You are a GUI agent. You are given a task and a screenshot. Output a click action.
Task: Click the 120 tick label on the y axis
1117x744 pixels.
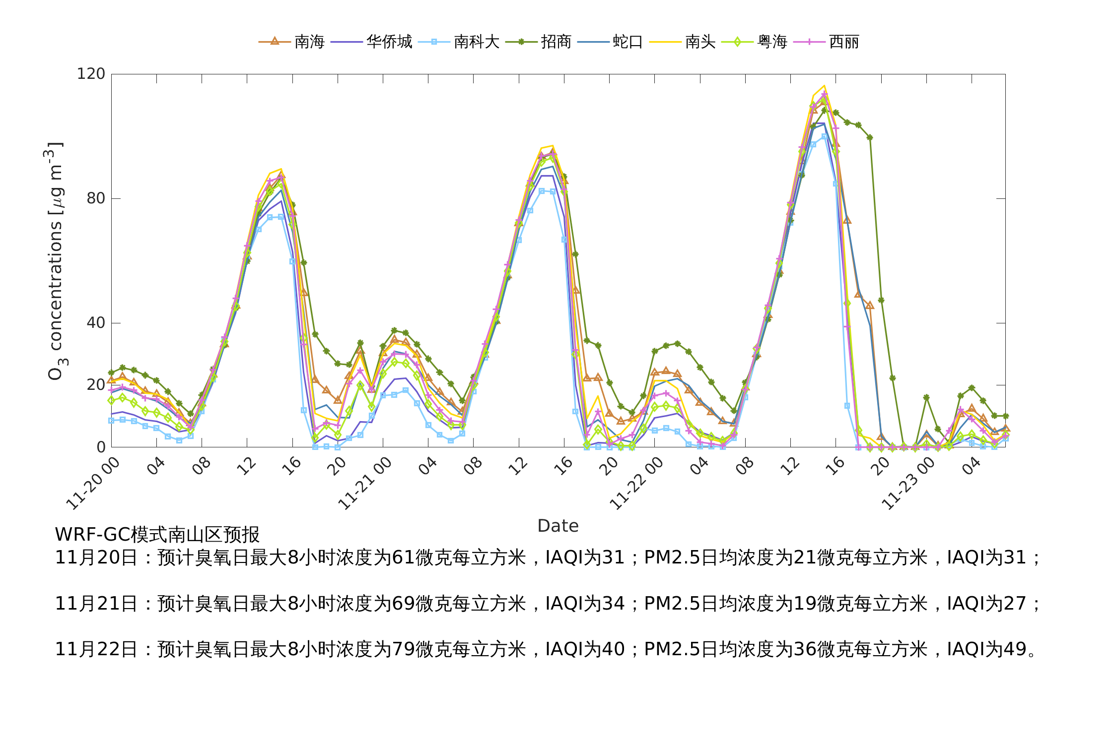pyautogui.click(x=91, y=74)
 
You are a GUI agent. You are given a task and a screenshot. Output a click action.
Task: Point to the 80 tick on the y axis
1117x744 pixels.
pyautogui.click(x=96, y=198)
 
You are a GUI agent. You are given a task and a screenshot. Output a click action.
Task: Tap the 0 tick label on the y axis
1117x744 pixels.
pyautogui.click(x=101, y=447)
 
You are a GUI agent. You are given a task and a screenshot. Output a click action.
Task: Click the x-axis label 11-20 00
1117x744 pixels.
pyautogui.click(x=93, y=483)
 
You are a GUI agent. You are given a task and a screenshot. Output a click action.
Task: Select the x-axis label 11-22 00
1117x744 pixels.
pyautogui.click(x=636, y=483)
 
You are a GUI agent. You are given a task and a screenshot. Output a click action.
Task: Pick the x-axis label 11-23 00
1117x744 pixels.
pyautogui.click(x=908, y=483)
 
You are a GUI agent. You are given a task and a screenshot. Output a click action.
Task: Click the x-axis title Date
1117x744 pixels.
pyautogui.click(x=558, y=526)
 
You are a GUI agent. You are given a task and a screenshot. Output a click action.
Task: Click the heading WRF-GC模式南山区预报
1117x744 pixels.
pyautogui.click(x=157, y=535)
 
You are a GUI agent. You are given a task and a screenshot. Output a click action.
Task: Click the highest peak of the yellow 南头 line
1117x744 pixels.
pyautogui.click(x=824, y=86)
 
